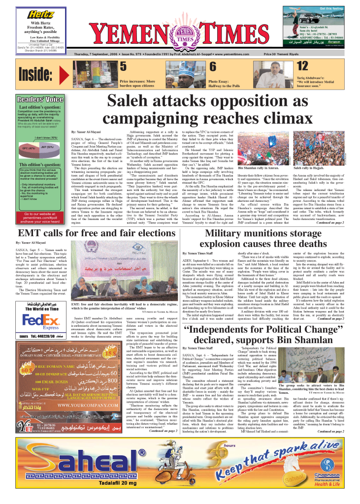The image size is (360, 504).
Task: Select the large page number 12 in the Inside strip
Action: [x=302, y=66]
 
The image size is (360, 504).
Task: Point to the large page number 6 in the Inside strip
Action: [x=213, y=66]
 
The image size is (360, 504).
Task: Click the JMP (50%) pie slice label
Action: [x=48, y=147]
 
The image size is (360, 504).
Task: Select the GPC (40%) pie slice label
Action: [x=29, y=147]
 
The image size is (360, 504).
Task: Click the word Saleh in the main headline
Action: [x=132, y=100]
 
